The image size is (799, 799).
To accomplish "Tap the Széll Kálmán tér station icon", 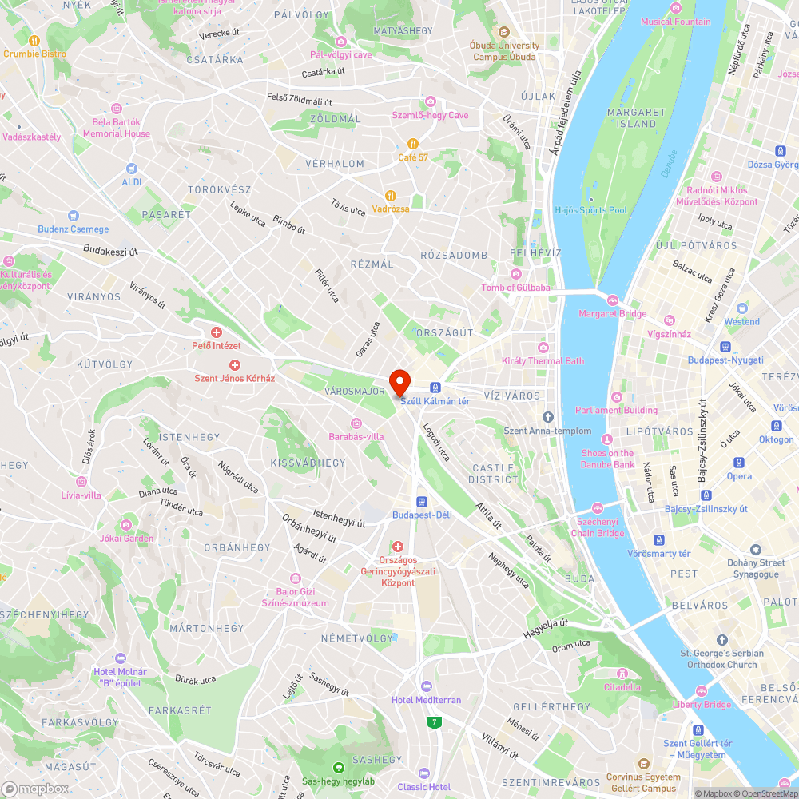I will point(435,388).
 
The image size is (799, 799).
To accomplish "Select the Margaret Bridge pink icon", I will point(612,300).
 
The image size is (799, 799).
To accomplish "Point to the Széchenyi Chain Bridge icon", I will point(598,509).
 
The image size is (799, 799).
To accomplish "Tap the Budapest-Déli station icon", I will point(422,501).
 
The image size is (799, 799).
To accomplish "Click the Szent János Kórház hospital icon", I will point(235,364).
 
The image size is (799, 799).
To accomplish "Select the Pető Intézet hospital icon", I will point(216,332).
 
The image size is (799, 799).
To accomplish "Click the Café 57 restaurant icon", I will point(413,144).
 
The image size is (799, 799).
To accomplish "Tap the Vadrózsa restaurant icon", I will point(391,195).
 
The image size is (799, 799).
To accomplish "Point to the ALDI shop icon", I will point(133,169).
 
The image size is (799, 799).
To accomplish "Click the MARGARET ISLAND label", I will point(637,118).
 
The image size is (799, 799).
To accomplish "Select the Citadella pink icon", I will point(622,674).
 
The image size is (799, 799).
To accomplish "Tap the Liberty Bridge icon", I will point(701,691).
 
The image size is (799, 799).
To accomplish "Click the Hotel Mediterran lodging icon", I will point(426,686).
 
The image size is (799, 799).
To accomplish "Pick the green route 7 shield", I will point(435,722).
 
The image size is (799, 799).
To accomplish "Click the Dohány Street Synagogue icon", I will point(756,550).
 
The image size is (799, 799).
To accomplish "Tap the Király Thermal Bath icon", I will point(543,347).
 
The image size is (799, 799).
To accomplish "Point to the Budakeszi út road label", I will point(110,251).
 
